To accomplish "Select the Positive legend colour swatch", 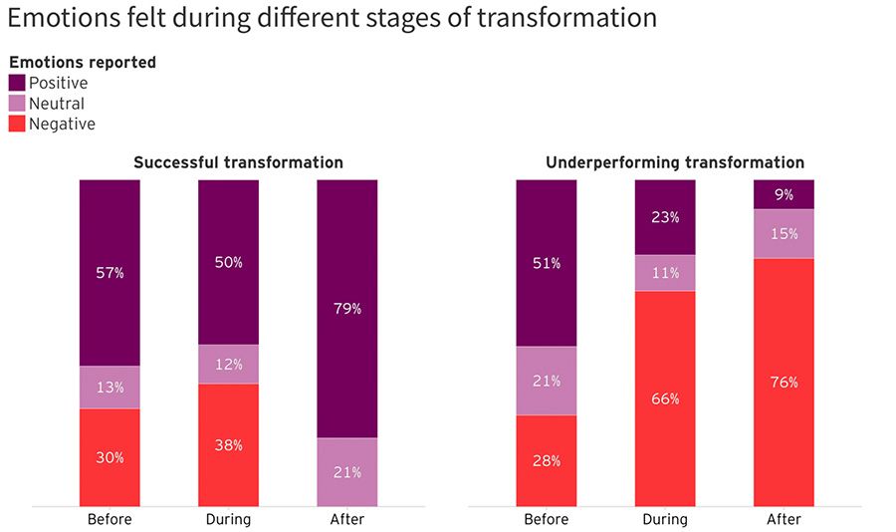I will [x=18, y=83].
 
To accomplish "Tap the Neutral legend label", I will [x=57, y=104].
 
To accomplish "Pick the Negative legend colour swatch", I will [x=18, y=124].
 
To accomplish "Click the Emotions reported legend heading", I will [x=83, y=62].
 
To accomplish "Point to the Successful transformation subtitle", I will [x=238, y=162].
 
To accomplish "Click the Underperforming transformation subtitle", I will [x=675, y=162].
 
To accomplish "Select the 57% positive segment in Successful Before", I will [x=110, y=272].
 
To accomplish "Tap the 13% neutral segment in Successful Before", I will [x=110, y=388].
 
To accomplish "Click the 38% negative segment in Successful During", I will [x=228, y=445].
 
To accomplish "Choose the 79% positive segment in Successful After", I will [x=347, y=309].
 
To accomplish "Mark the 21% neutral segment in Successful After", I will [x=347, y=471].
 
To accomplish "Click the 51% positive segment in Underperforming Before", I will [x=547, y=263].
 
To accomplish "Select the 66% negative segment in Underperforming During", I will [x=665, y=399].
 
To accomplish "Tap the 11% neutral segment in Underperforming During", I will [x=665, y=273].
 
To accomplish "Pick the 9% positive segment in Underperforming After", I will [x=784, y=194].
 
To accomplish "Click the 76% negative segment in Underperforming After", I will [x=784, y=382].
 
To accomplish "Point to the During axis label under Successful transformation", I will [x=228, y=519].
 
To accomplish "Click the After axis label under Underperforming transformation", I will [x=784, y=519].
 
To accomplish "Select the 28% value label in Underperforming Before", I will [x=547, y=461].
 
